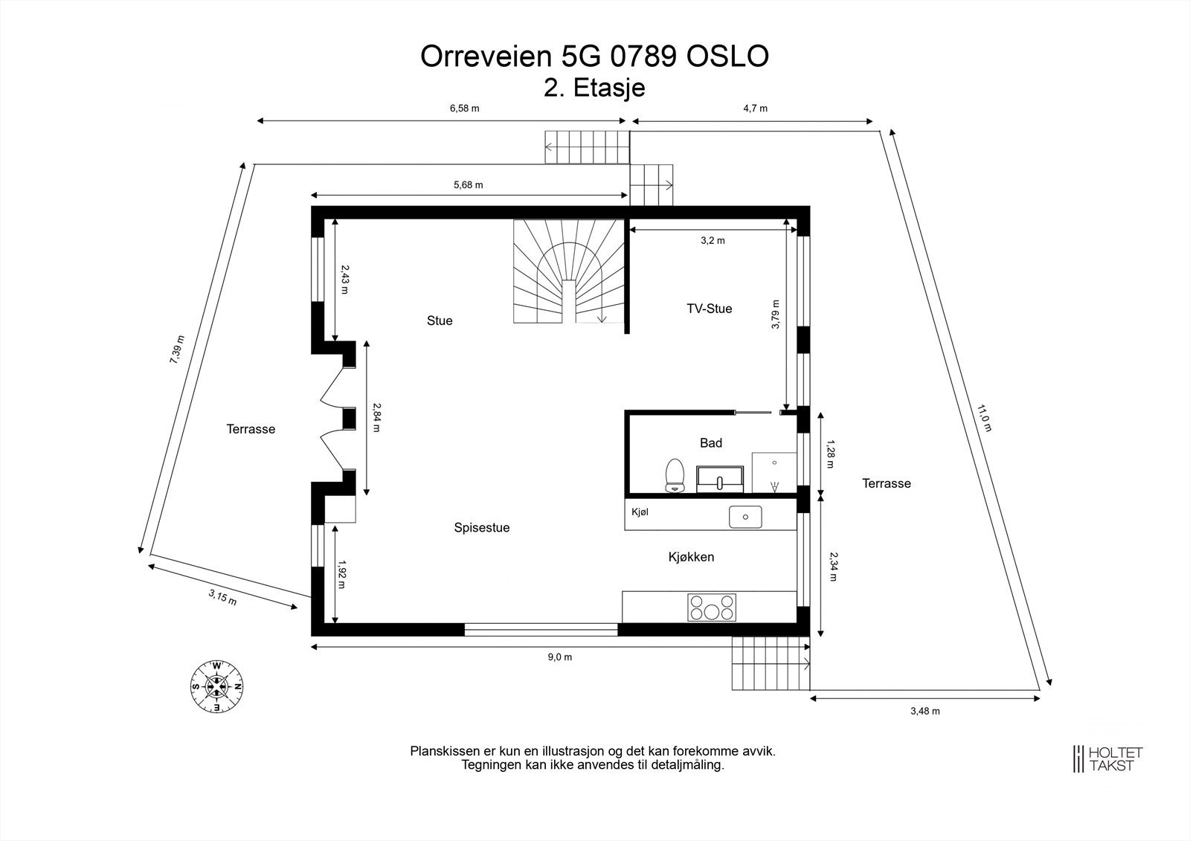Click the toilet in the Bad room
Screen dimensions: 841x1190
[675, 475]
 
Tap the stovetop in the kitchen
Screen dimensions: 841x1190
[712, 608]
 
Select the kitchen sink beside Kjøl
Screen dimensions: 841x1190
[744, 516]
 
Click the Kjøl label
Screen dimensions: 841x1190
[640, 512]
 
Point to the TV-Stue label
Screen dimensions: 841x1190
[709, 309]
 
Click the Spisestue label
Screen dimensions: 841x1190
[481, 528]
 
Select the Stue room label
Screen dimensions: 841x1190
[439, 320]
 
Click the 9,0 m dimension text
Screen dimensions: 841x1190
[560, 657]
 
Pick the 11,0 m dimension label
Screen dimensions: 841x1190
[984, 418]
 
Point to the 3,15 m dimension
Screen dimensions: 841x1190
[222, 597]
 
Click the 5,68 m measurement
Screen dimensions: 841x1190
[468, 184]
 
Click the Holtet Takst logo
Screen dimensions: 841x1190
[1107, 758]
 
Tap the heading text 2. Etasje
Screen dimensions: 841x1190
[594, 88]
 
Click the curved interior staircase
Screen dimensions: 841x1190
[569, 274]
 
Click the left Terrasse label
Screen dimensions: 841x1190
[251, 429]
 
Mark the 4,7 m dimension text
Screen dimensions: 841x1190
[755, 109]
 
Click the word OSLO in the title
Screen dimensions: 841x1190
[727, 57]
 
